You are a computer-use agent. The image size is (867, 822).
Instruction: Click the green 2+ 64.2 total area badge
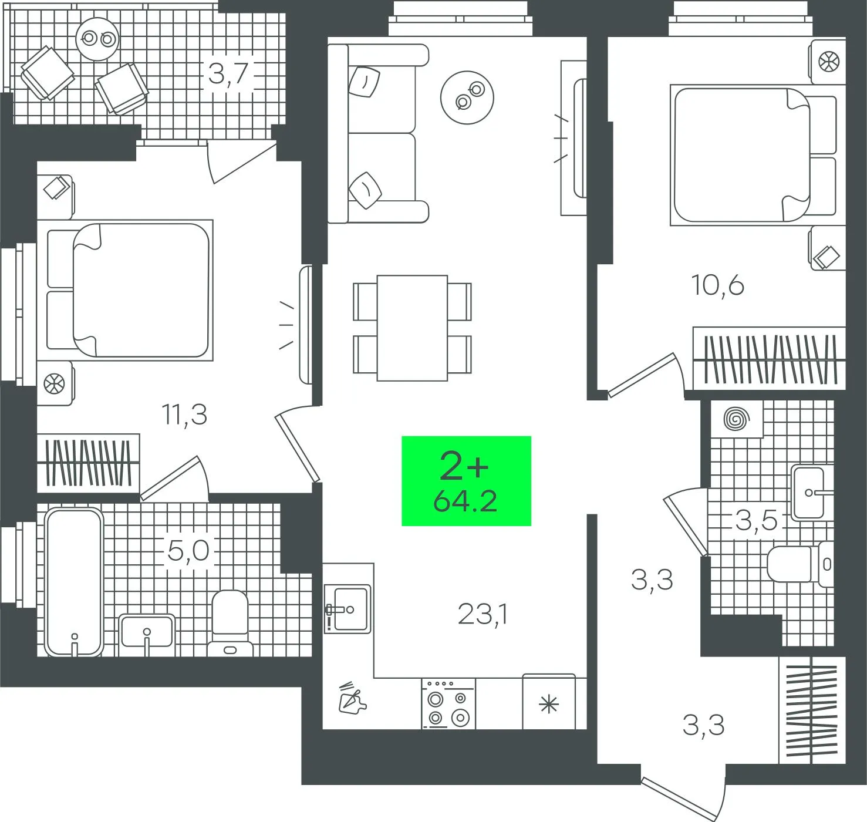coord(466,481)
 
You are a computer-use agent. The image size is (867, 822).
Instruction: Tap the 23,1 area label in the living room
coord(483,614)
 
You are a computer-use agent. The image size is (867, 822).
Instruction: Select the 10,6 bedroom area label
coord(718,285)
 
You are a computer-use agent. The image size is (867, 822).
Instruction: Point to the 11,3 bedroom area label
coord(185,415)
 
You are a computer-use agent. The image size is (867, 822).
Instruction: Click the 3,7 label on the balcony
coord(229,73)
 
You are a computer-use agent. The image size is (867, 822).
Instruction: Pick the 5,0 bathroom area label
coord(189,550)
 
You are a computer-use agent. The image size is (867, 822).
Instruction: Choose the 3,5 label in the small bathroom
coord(756,521)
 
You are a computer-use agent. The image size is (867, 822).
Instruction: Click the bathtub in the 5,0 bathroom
coord(75,582)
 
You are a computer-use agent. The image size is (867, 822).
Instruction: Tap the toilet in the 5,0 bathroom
coord(230,623)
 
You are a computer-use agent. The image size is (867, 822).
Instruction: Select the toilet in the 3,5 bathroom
coord(800,564)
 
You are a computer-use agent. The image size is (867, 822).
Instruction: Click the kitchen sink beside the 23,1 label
coord(348,609)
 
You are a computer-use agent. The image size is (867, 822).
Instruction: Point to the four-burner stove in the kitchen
coord(448,704)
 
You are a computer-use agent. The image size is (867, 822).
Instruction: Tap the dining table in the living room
coord(412,328)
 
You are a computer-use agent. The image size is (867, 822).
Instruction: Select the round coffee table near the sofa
coord(467,97)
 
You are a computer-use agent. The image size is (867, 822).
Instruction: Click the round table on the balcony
coord(97,39)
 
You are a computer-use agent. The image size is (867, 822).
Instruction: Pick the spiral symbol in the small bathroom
coord(737,418)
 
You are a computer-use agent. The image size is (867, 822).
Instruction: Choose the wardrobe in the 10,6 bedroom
coord(769,358)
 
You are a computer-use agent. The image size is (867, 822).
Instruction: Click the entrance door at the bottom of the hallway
coord(684,799)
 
